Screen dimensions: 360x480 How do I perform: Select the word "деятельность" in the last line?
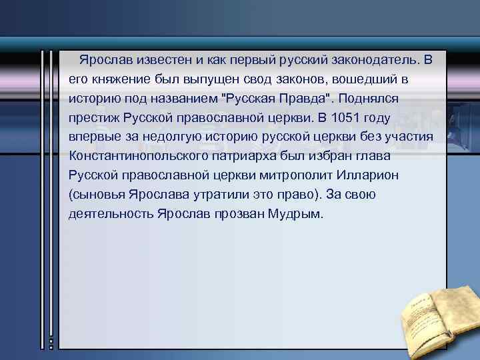click(111, 214)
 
